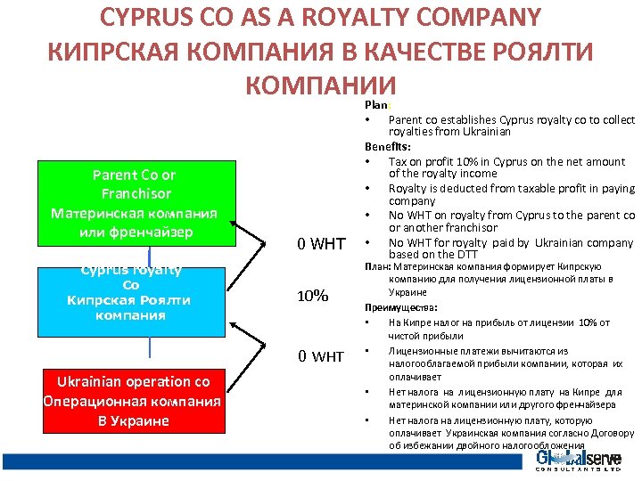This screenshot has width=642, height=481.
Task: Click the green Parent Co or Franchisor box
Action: click(x=134, y=204)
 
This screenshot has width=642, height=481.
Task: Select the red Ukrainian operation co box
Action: click(x=133, y=401)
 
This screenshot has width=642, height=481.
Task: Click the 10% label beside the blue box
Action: click(x=312, y=296)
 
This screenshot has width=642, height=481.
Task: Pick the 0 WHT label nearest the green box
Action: click(x=321, y=243)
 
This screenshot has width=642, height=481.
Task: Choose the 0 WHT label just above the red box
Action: click(x=321, y=357)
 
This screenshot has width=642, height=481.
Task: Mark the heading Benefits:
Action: click(x=387, y=146)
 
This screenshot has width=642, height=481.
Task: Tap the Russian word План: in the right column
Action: click(x=377, y=266)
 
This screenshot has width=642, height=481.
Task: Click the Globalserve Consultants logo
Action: click(x=578, y=461)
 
